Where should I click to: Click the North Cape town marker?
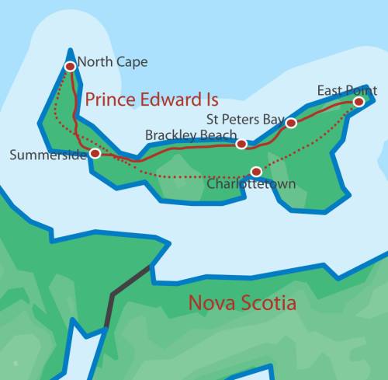click(70, 67)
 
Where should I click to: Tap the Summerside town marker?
click(95, 154)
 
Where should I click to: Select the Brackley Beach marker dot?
click(241, 144)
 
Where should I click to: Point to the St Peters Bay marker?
click(291, 123)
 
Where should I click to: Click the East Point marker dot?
click(359, 102)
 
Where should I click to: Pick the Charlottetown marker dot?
click(256, 171)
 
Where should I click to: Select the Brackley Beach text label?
click(191, 135)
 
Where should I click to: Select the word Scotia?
click(273, 303)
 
